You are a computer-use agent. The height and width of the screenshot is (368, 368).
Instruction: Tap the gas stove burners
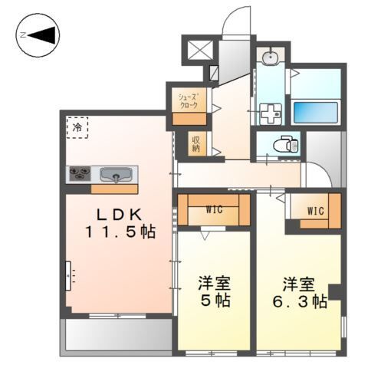click(79, 175)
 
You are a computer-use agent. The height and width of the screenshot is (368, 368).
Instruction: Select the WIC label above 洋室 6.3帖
click(315, 210)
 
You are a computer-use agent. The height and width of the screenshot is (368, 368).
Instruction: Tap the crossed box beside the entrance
click(199, 51)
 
